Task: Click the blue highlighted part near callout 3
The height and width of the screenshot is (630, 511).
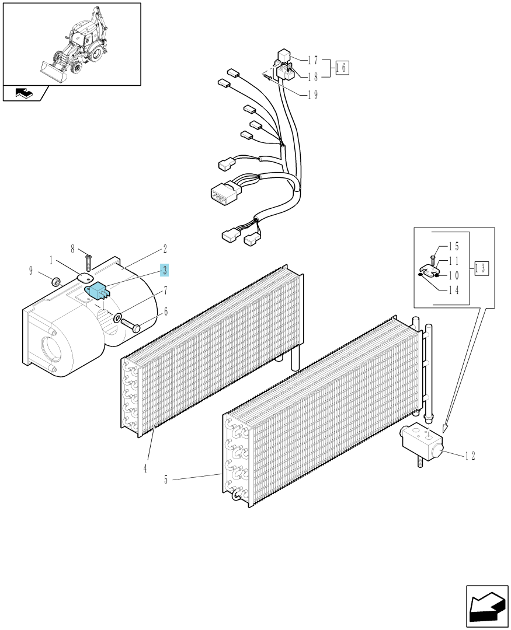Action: pos(97,290)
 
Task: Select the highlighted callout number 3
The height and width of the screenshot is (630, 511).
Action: pos(165,271)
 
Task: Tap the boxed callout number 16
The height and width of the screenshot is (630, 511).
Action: pos(342,68)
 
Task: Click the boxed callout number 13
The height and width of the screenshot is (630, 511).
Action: pos(482,268)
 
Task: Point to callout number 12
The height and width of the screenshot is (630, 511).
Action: pos(470,456)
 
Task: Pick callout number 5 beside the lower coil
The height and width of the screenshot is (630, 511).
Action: pos(166,480)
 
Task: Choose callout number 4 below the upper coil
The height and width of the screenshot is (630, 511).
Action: pos(145,468)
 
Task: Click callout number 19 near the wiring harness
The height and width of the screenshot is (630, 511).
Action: pos(313,94)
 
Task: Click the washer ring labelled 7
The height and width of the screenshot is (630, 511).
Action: pos(117,317)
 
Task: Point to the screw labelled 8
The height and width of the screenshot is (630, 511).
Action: pos(89,262)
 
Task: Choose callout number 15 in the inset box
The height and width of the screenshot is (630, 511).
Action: pos(454,247)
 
